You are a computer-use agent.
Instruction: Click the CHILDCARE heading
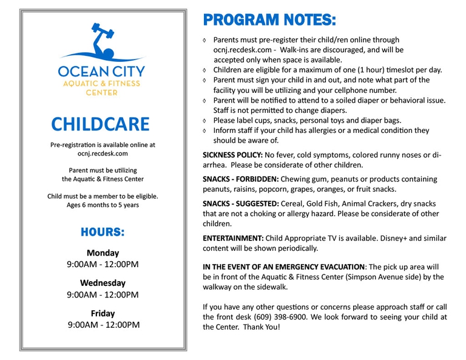[100, 123]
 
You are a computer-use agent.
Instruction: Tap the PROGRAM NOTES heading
[269, 19]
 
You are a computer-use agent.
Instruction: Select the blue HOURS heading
[103, 232]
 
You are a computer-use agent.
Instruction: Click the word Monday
[103, 253]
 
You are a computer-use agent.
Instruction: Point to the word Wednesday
[103, 283]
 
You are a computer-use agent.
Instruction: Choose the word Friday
[103, 313]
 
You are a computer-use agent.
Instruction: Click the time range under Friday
[103, 325]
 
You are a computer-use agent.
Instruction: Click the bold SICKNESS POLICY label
[232, 155]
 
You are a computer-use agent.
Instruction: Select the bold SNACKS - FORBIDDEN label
[240, 179]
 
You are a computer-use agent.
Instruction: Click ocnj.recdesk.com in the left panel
[103, 154]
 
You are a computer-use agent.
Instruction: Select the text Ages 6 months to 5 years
[103, 205]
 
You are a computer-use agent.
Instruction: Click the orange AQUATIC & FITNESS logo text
[103, 83]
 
